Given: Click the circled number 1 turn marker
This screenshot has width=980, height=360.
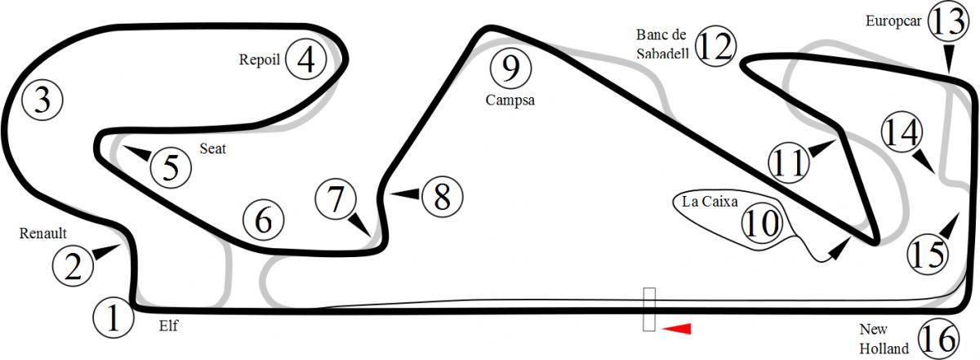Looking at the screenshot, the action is tap(114, 318).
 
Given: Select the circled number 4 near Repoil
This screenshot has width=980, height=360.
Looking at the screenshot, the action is tap(305, 59).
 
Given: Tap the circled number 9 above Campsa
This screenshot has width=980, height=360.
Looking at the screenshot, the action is tap(510, 69).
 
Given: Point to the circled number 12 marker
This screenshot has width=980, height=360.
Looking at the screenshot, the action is tap(715, 46).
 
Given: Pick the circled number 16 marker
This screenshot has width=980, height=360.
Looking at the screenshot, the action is tap(938, 338).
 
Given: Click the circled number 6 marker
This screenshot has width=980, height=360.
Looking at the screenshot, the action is tap(263, 220).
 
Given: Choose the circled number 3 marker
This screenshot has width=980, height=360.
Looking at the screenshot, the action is tap(42, 100).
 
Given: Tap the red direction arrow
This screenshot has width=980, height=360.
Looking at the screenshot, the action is tap(676, 328).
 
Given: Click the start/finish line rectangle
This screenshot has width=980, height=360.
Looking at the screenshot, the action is tap(648, 309).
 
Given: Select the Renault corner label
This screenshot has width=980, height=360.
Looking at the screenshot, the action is tap(42, 233).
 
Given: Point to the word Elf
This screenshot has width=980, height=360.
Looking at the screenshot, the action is tap(168, 326).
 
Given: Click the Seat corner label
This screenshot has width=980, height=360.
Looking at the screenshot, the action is tap(212, 149).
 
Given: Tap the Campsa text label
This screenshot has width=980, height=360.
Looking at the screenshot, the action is tap(510, 100).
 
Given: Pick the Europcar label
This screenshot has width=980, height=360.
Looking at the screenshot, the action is tap(893, 21).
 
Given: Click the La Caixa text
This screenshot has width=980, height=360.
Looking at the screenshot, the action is tap(710, 201).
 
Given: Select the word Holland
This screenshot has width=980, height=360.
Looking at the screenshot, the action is tap(884, 349).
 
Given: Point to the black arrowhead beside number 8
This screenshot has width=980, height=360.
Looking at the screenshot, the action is tap(406, 193).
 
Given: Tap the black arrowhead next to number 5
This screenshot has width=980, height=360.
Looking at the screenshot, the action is tap(137, 153).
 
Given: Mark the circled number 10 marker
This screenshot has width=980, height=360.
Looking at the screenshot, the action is tap(762, 224).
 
